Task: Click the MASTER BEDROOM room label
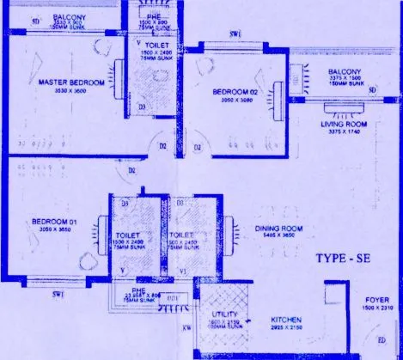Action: [x=71, y=82]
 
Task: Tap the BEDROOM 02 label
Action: [x=235, y=90]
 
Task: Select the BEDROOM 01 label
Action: [x=54, y=222]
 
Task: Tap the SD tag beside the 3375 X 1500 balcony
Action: [x=372, y=89]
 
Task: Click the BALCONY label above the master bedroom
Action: [x=68, y=16]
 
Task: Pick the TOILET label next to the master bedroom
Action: [x=156, y=43]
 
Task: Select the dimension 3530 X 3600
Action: [x=71, y=89]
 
